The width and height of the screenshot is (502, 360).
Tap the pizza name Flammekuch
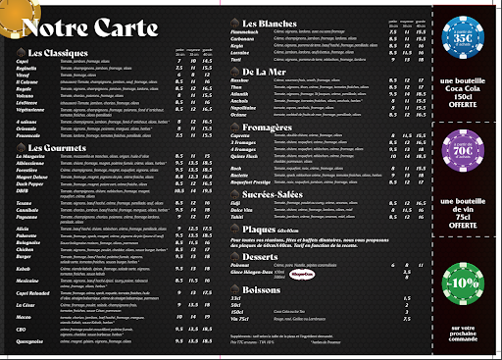click(x=260, y=31)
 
